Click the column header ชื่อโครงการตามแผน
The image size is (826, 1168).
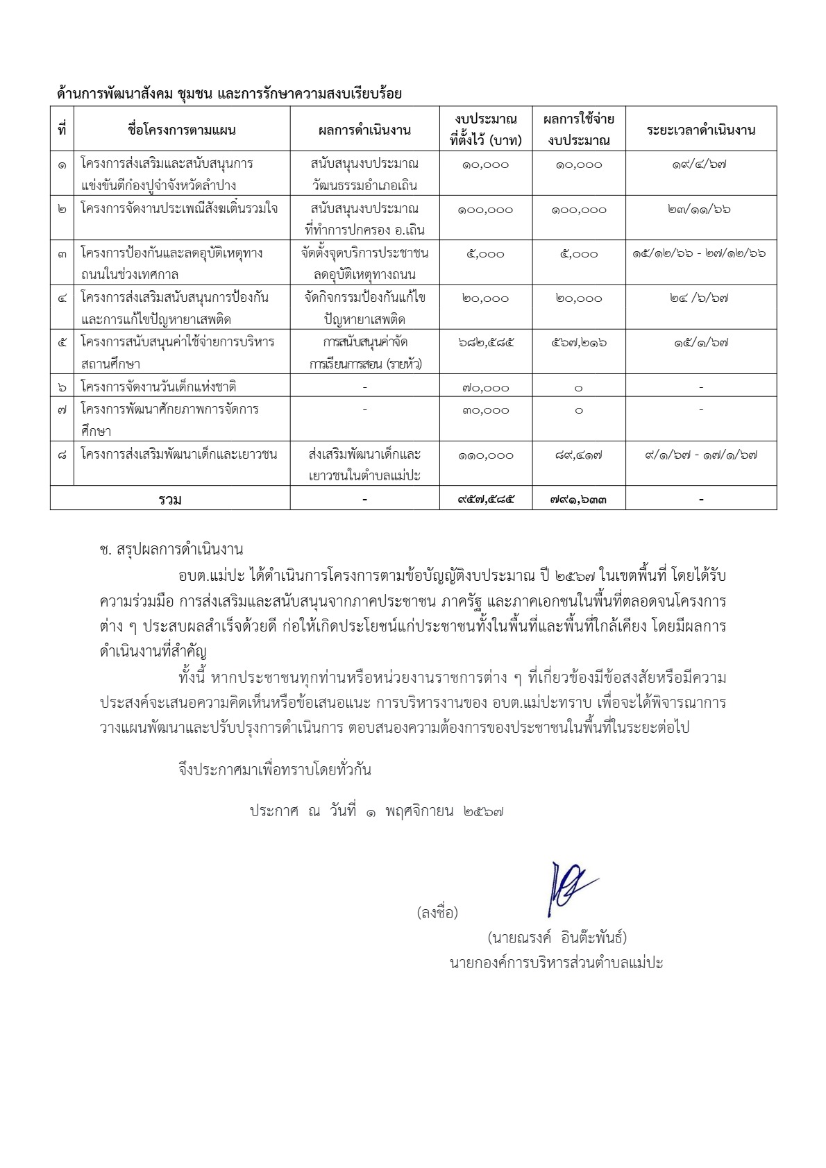click(x=182, y=130)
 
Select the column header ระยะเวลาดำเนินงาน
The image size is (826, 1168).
click(x=700, y=130)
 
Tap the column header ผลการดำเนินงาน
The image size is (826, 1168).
click(x=364, y=130)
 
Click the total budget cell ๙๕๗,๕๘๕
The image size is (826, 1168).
click(x=486, y=498)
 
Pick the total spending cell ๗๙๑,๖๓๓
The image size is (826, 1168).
click(x=579, y=498)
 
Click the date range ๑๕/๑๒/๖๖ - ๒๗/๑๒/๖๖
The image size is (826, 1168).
click(x=700, y=254)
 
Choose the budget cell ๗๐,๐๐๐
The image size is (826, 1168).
click(x=486, y=388)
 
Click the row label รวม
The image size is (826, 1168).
click(x=170, y=499)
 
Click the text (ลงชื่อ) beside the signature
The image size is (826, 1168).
click(x=437, y=913)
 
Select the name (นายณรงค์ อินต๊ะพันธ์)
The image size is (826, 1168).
click(x=557, y=938)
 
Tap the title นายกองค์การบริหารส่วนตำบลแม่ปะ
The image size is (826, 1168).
click(x=556, y=963)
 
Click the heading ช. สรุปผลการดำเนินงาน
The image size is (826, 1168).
click(x=171, y=550)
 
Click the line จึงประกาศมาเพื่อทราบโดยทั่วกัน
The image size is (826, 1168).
click(x=275, y=770)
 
